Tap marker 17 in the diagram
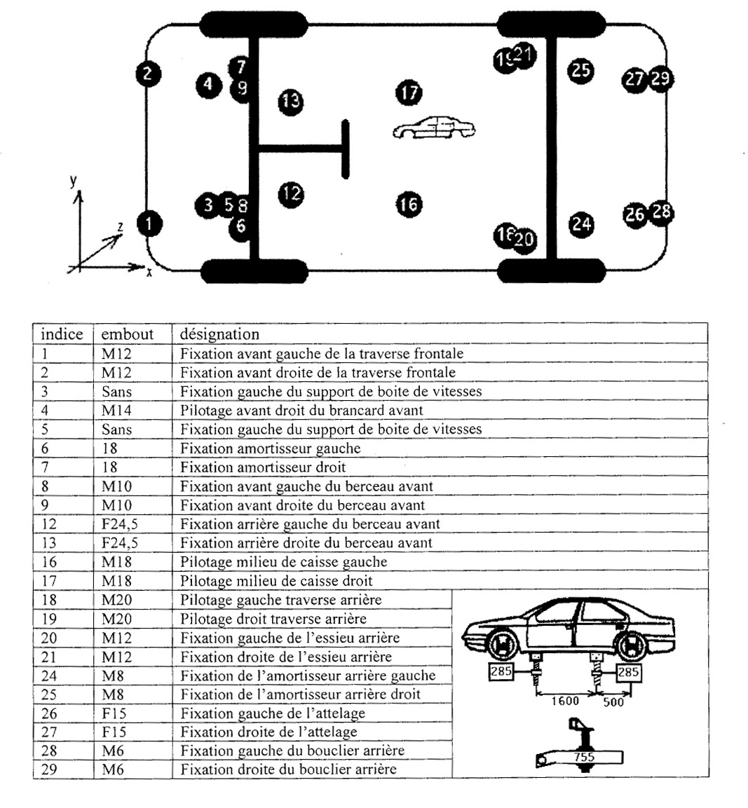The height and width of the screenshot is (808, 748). (409, 92)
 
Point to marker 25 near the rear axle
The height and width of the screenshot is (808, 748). (580, 70)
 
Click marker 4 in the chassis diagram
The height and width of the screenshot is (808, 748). (208, 85)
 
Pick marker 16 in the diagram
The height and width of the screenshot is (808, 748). (409, 204)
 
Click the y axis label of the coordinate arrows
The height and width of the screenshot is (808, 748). (74, 181)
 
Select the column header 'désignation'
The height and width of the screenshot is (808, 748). (219, 334)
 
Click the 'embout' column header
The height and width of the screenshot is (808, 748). (127, 334)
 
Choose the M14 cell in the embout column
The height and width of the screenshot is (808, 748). (116, 411)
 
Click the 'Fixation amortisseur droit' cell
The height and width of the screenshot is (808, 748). (263, 467)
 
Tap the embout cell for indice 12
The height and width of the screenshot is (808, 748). (120, 524)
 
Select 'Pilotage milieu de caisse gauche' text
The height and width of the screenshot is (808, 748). (283, 562)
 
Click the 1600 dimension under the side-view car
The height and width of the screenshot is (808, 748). (564, 701)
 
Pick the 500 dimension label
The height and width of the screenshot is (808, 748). (613, 702)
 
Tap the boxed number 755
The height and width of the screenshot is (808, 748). (585, 758)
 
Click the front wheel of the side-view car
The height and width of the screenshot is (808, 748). (502, 646)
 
